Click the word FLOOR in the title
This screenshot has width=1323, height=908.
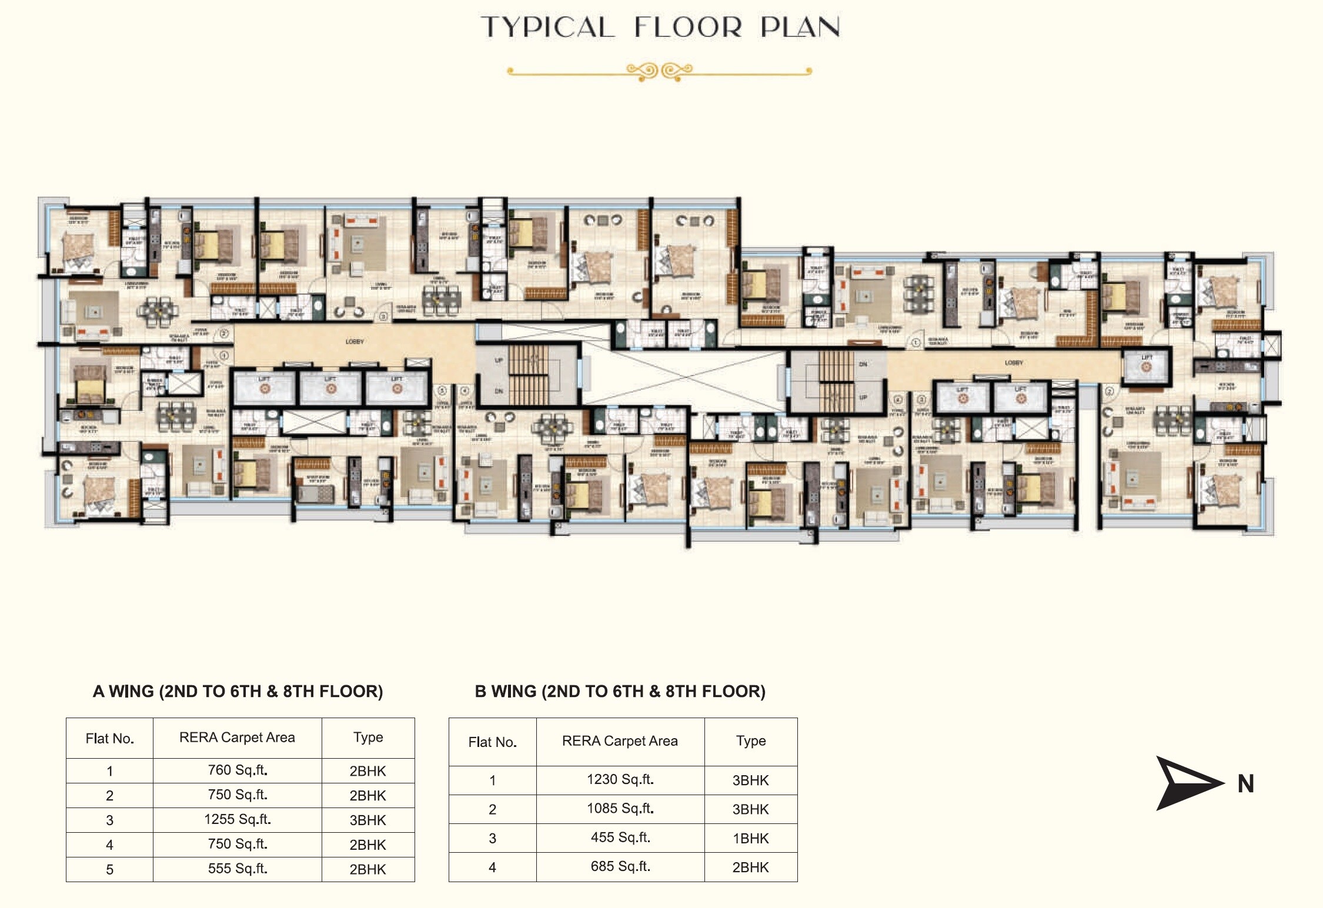point(688,27)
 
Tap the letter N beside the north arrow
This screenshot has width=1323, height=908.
point(1245,784)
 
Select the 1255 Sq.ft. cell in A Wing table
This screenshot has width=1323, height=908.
point(237,819)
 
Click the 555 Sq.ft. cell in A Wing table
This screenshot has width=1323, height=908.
point(237,869)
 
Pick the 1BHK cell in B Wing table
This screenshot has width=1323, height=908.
point(750,839)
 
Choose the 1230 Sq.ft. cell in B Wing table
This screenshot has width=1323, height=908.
point(620,780)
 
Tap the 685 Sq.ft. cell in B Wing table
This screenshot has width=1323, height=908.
point(620,867)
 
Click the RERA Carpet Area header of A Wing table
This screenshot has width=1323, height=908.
point(237,738)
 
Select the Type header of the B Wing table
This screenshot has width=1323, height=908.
point(750,741)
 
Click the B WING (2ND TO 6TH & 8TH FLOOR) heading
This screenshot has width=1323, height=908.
point(620,692)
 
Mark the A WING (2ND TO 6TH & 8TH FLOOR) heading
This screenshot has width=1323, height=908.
point(238,692)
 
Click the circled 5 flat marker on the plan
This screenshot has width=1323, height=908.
point(443,390)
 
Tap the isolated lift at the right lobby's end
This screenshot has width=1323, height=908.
point(1146,367)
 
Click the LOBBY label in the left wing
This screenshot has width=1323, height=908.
point(355,341)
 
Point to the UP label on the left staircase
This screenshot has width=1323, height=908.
point(499,360)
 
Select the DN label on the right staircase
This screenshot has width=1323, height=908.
point(863,364)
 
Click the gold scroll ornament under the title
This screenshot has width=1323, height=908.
point(659,72)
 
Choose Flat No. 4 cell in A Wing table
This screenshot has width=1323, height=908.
point(109,845)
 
